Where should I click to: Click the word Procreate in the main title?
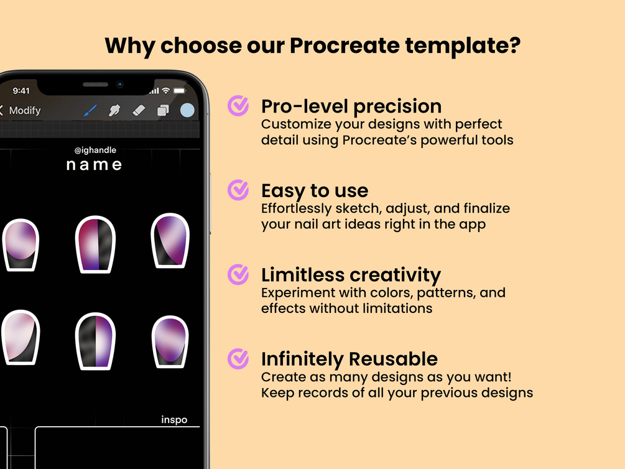click(345, 45)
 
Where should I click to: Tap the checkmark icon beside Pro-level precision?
click(238, 106)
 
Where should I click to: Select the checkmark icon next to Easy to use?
click(238, 190)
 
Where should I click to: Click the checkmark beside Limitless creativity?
click(238, 274)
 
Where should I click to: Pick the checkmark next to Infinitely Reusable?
click(238, 358)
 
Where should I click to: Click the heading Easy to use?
click(315, 190)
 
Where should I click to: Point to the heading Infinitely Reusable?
click(350, 359)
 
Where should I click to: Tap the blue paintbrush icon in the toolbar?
click(90, 111)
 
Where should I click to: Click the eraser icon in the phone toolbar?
click(139, 110)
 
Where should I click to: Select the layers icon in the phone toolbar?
click(163, 110)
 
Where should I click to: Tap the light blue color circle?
click(187, 110)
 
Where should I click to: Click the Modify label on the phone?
click(25, 111)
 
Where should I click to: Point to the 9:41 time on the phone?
click(21, 91)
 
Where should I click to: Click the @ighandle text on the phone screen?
click(95, 150)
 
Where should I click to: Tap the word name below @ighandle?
click(94, 165)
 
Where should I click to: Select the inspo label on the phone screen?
click(174, 420)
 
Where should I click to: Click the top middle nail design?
click(95, 244)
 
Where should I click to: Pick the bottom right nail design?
click(170, 341)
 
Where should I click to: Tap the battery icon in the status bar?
click(180, 91)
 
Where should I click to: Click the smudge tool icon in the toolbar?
click(114, 110)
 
